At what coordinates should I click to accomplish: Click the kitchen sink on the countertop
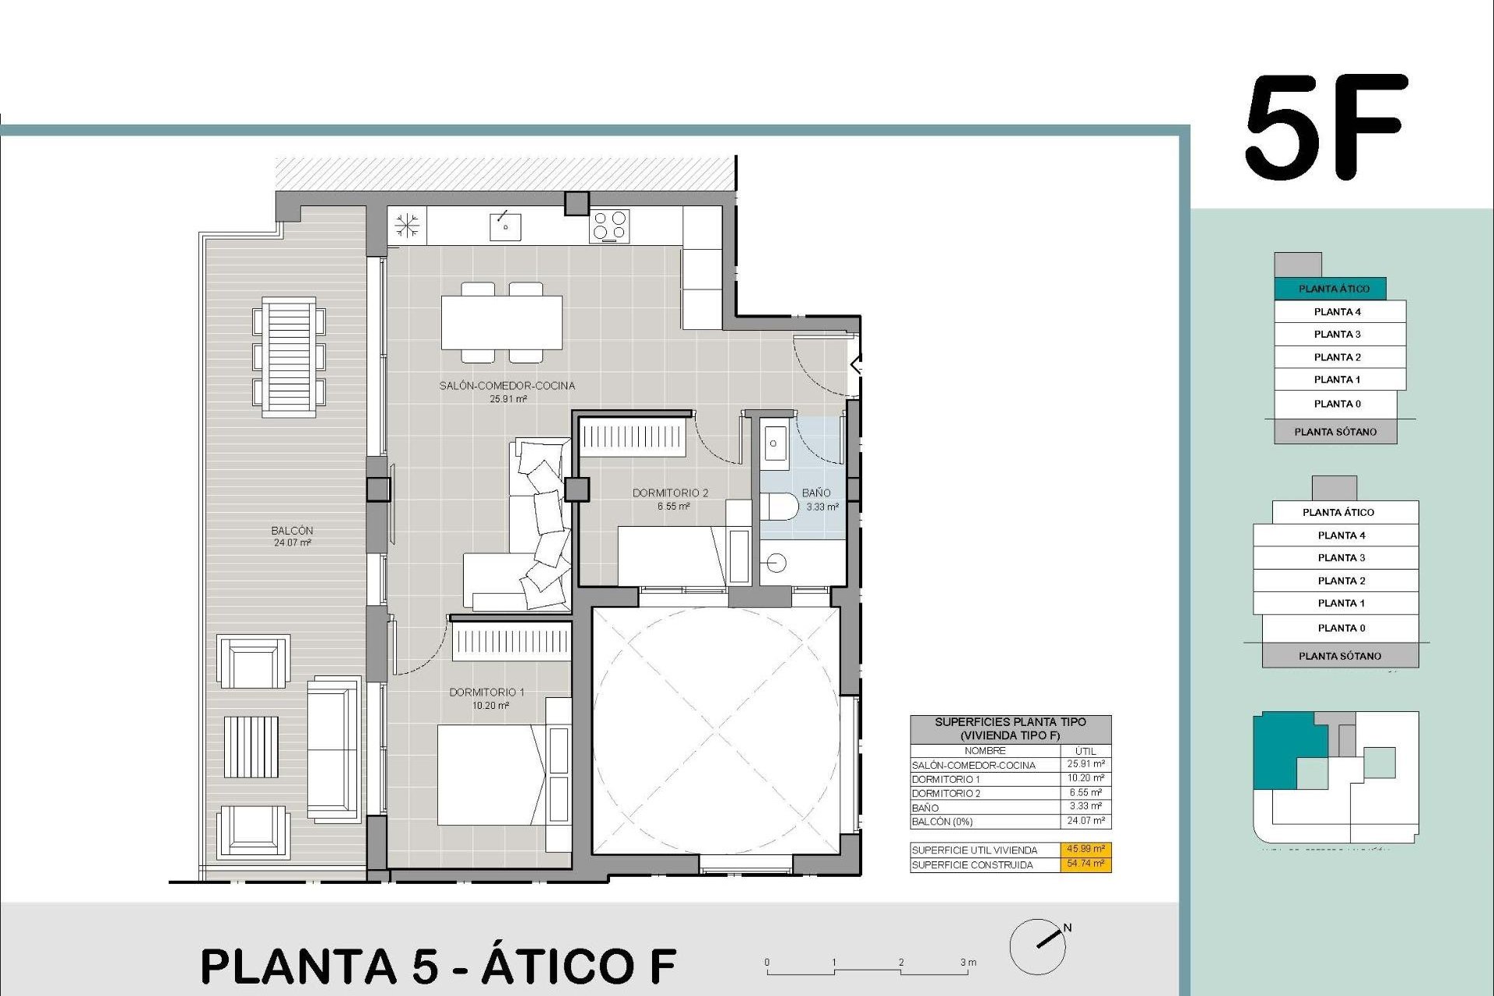505,226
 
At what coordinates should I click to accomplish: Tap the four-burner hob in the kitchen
609,226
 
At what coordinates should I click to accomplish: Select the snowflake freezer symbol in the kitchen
406,226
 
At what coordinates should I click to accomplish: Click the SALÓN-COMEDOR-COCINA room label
507,386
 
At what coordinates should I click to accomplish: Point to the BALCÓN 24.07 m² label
293,536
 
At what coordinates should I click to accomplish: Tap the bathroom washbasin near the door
774,444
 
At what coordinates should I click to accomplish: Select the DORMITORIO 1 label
487,693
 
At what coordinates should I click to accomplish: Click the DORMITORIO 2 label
670,493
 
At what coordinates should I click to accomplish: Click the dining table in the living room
502,322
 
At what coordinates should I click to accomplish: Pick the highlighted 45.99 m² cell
1085,850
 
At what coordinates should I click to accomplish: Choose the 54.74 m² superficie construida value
1085,864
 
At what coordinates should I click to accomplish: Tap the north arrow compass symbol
1039,946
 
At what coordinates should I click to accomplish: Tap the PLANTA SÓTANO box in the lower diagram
1340,656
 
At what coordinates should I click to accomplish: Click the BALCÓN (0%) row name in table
942,822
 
